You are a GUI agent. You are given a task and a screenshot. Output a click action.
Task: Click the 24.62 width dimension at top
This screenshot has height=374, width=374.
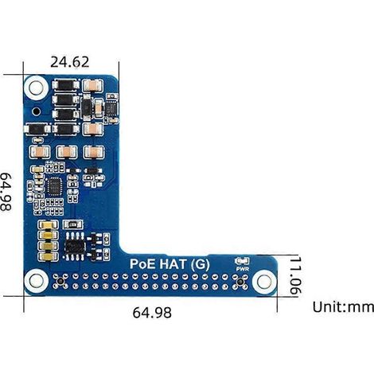pyautogui.click(x=69, y=62)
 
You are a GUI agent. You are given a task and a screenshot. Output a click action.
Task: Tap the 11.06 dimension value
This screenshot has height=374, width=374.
pyautogui.click(x=295, y=275)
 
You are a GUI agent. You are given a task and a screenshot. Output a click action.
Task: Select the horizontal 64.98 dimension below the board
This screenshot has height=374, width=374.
pyautogui.click(x=152, y=313)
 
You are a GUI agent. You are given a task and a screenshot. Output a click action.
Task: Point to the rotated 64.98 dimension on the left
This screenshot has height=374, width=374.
pyautogui.click(x=6, y=192)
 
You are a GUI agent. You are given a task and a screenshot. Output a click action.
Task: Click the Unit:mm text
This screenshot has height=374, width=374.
pyautogui.click(x=343, y=307)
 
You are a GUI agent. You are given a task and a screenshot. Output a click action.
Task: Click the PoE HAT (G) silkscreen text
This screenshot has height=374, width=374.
pyautogui.click(x=169, y=264)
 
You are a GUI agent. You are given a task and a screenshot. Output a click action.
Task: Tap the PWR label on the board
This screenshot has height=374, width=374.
pyautogui.click(x=243, y=269)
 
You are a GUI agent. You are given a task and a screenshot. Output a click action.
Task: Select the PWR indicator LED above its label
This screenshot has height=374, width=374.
pyautogui.click(x=242, y=261)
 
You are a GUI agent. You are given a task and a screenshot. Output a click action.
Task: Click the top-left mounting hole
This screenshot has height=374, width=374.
pyautogui.click(x=36, y=88)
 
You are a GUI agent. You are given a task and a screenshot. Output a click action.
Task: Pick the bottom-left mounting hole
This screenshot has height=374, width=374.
pyautogui.click(x=36, y=281)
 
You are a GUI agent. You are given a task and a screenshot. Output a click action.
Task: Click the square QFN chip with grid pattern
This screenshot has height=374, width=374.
pyautogui.click(x=55, y=186)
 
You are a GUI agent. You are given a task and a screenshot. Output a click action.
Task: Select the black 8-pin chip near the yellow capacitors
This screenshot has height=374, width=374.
pyautogui.click(x=75, y=247)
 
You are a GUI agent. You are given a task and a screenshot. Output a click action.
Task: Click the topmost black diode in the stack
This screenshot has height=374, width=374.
pyautogui.click(x=65, y=85)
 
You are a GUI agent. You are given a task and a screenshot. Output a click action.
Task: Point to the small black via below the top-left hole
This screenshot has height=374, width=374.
pyautogui.click(x=36, y=111)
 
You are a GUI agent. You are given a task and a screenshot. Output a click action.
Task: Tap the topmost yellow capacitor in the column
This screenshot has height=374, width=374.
pyautogui.click(x=49, y=225)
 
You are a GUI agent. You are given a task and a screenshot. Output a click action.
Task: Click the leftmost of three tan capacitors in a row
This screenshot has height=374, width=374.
pyautogui.click(x=40, y=152)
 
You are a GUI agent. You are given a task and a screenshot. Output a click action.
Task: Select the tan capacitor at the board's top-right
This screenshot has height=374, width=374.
pyautogui.click(x=92, y=86)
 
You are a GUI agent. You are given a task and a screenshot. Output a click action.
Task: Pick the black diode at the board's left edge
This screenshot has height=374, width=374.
pyautogui.click(x=37, y=129)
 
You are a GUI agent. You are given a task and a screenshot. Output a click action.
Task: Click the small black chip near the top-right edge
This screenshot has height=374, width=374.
pyautogui.click(x=111, y=107)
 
